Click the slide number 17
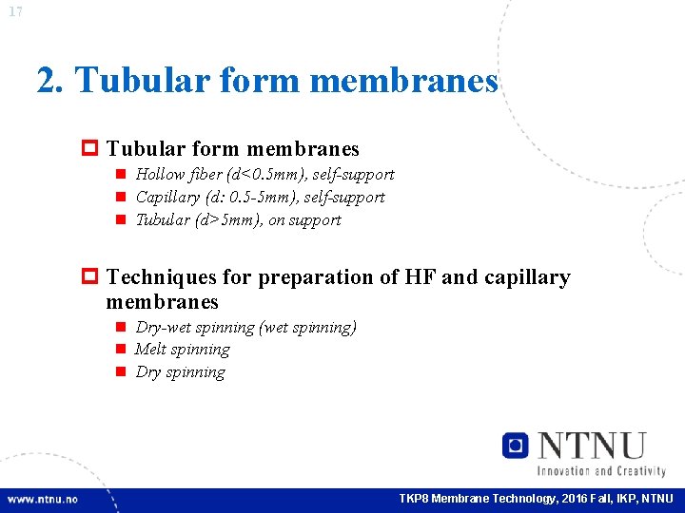point(14,11)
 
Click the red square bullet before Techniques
point(93,277)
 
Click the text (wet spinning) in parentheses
point(307,327)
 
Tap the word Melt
point(150,349)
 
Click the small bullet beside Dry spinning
point(122,372)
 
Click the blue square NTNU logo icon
point(516,445)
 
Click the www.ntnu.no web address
point(43,500)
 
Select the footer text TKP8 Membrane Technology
point(480,500)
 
